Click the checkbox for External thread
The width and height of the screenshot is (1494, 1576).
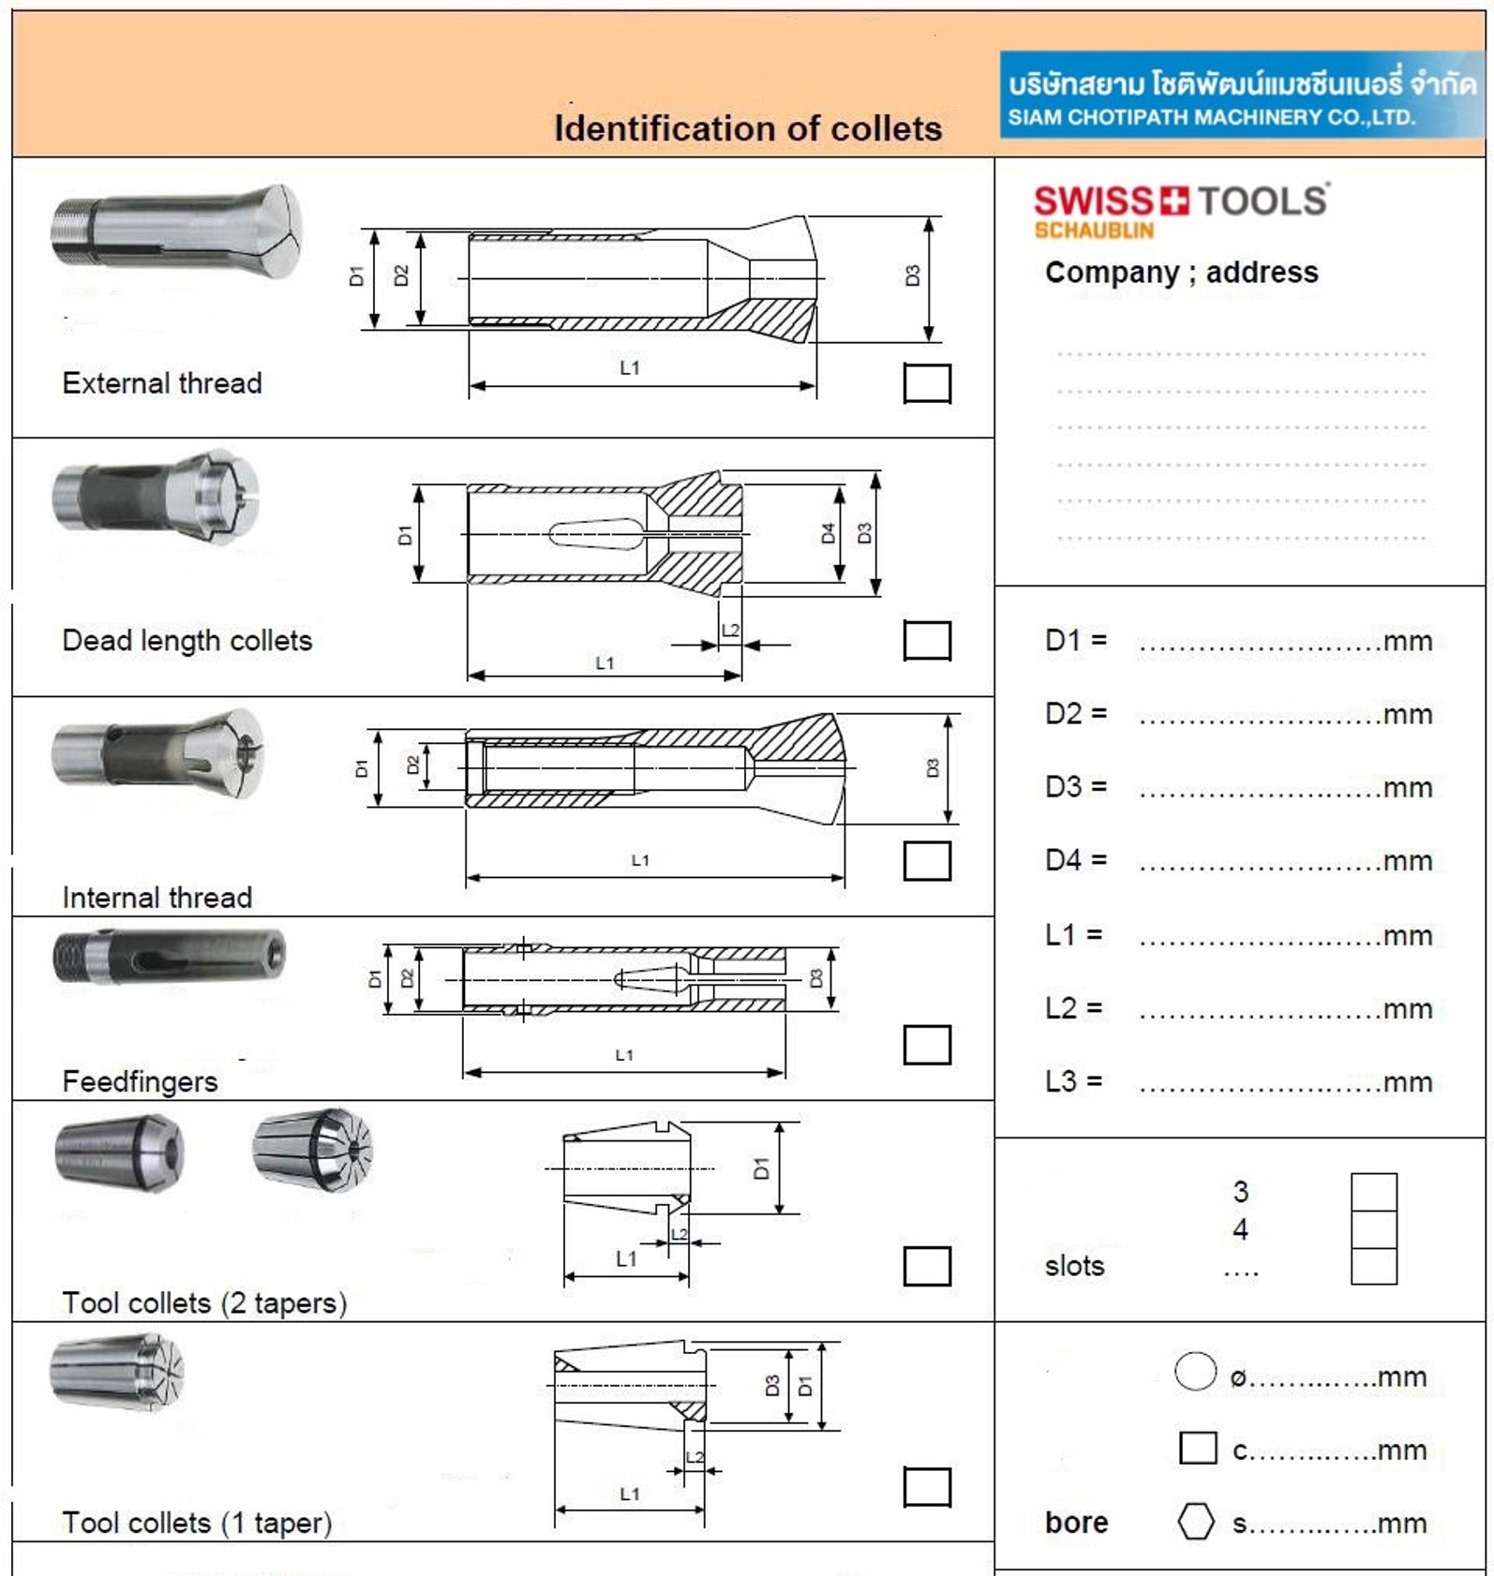[x=927, y=383]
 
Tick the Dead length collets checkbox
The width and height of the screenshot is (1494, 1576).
[x=927, y=641]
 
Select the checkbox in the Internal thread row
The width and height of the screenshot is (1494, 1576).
[x=927, y=861]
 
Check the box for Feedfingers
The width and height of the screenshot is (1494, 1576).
[x=927, y=1045]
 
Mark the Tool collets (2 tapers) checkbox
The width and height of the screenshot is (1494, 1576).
[x=927, y=1266]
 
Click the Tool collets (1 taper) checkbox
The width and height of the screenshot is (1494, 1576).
[x=927, y=1487]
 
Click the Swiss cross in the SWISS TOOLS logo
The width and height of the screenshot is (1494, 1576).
[x=1174, y=201]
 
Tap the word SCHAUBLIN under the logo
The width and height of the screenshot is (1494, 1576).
[x=1094, y=230]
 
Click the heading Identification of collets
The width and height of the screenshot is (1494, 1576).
[x=748, y=128]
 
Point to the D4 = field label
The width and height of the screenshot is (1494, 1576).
[x=1075, y=859]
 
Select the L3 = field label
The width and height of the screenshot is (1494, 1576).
[x=1073, y=1080]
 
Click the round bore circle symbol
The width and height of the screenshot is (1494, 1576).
[x=1195, y=1372]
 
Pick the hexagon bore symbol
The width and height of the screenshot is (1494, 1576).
[x=1196, y=1521]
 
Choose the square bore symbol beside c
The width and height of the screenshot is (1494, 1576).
[x=1198, y=1448]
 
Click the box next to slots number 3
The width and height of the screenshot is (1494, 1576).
[x=1373, y=1192]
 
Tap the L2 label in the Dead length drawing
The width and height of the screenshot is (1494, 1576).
[x=730, y=630]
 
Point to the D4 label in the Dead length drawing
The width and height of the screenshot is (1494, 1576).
[x=828, y=533]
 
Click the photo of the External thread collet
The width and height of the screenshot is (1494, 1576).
[x=177, y=231]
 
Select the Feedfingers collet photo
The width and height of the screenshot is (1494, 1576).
[x=170, y=957]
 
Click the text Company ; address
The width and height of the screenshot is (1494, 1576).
[x=1181, y=272]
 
